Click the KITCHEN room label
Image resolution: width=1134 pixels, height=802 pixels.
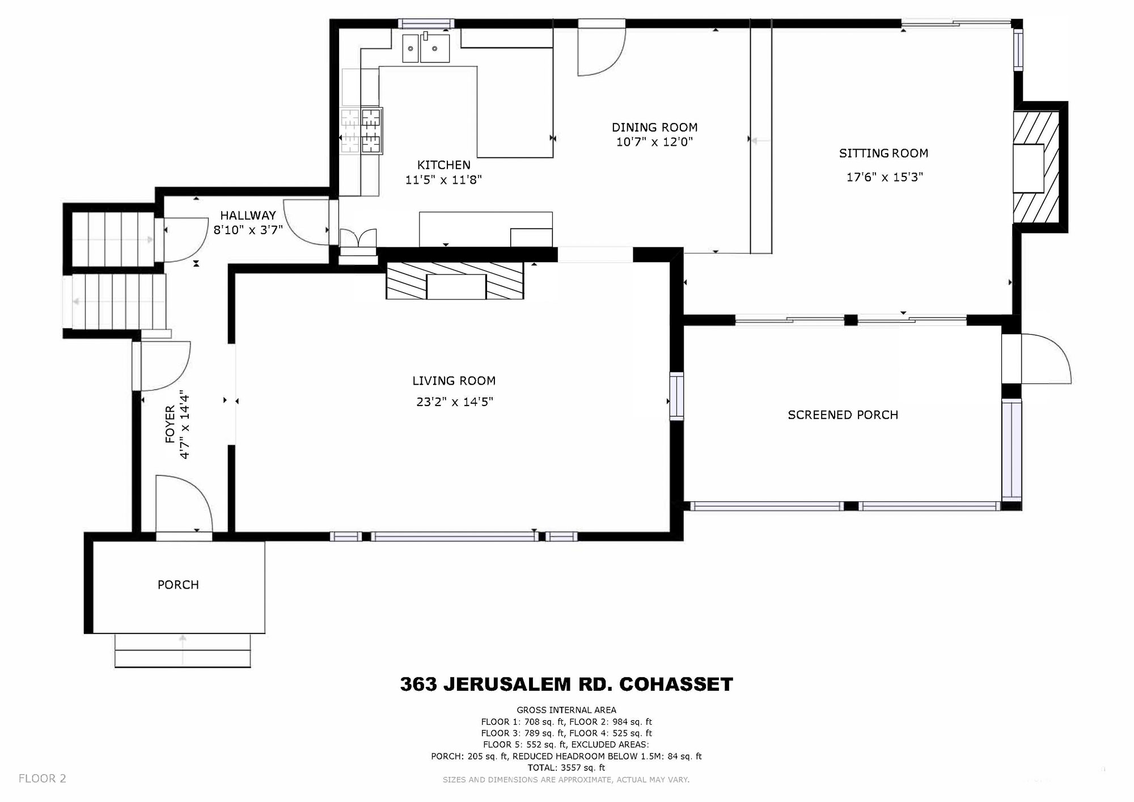444,165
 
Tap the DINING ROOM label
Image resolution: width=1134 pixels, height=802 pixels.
654,128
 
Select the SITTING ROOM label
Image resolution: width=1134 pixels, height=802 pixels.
883,153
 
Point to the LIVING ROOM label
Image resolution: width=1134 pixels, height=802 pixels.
454,381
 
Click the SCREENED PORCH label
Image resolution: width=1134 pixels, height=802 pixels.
843,415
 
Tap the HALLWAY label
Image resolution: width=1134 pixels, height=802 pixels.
248,216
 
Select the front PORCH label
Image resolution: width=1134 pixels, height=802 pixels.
178,585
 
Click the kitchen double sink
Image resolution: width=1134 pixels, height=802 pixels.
426,48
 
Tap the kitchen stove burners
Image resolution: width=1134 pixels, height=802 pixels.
361,130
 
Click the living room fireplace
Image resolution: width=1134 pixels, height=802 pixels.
455,280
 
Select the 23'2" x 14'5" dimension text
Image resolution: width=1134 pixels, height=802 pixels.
454,402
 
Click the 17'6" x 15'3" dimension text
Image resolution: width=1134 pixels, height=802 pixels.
885,177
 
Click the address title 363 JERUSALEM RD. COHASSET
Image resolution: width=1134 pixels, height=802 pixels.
566,684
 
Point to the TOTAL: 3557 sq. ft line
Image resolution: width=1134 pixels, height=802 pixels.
566,768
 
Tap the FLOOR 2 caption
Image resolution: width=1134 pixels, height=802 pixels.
43,779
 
